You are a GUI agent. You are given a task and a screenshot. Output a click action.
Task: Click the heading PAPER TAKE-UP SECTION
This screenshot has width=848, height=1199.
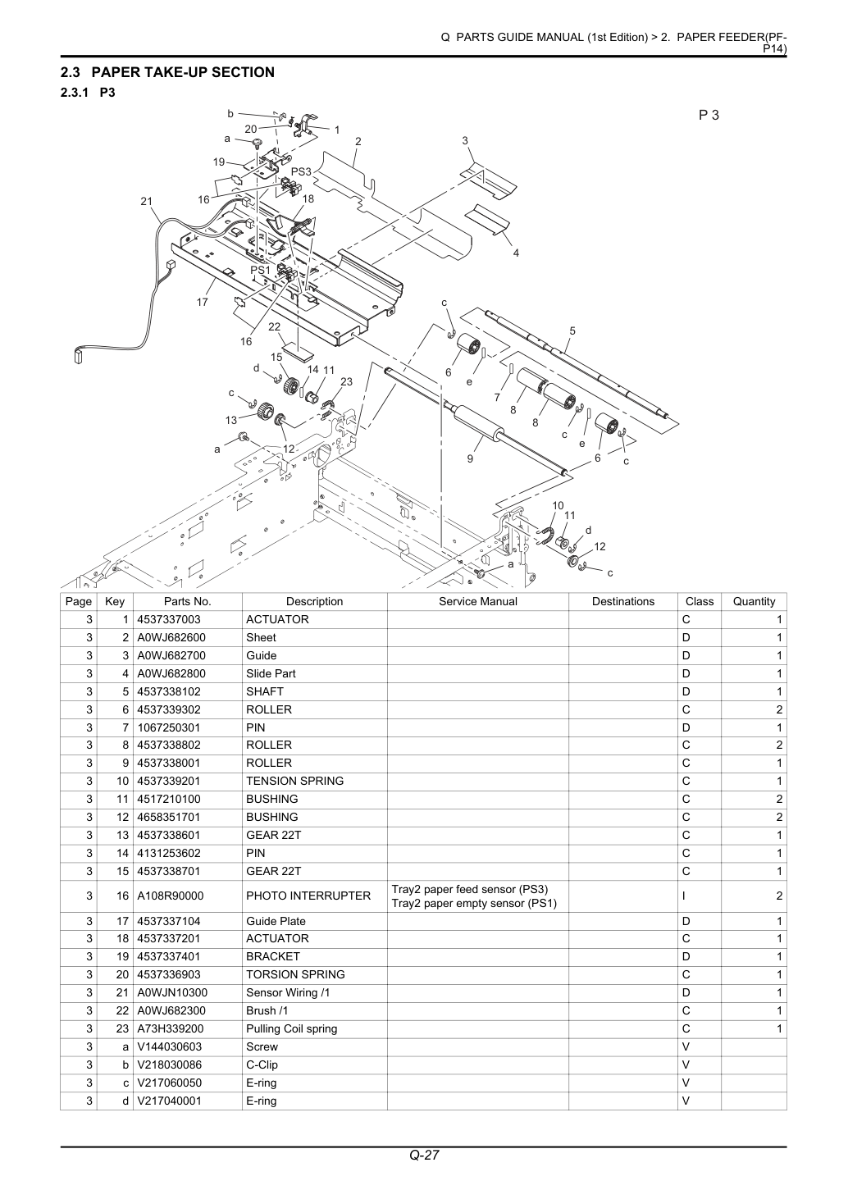[x=183, y=72]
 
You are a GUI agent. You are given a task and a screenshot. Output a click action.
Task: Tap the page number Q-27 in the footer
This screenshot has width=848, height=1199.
[x=424, y=1155]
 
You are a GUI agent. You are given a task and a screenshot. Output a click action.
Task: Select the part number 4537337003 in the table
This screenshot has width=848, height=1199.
[x=169, y=619]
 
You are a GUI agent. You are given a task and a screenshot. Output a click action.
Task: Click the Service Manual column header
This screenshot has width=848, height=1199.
[x=478, y=601]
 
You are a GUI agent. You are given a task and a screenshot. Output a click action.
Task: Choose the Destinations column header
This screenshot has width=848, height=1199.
[x=623, y=601]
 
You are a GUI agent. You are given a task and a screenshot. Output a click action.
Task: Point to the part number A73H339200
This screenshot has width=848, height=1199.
[x=169, y=1028]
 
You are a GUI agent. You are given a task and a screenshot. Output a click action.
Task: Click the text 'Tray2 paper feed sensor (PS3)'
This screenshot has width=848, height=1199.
[x=469, y=889]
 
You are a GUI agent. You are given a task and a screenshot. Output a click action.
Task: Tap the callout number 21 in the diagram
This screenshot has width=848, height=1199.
[x=146, y=201]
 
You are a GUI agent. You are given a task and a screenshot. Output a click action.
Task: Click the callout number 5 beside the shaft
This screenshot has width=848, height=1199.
[x=572, y=331]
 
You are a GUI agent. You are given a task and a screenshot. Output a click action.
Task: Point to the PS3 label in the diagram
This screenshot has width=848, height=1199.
[x=301, y=172]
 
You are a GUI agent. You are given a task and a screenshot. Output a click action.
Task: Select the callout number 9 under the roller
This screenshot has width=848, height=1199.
[x=470, y=458]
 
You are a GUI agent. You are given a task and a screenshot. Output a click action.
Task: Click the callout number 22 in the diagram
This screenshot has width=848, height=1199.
[x=274, y=326]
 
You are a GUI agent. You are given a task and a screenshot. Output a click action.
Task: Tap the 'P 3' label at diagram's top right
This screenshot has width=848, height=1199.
[x=709, y=115]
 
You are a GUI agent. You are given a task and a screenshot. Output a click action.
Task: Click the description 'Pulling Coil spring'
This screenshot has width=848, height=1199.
[x=292, y=1028]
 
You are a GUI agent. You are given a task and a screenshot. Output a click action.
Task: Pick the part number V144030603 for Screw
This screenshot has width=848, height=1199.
[x=169, y=1046]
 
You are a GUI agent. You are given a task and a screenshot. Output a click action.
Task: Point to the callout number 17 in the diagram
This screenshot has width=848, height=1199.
[x=202, y=302]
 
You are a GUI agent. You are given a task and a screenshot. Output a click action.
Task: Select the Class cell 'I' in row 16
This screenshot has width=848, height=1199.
[x=684, y=896]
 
